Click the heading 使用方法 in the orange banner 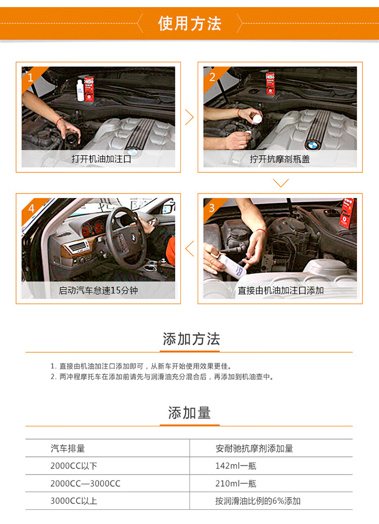(x=189, y=24)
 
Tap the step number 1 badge (x=30, y=78)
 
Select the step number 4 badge (x=31, y=209)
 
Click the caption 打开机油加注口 (x=101, y=159)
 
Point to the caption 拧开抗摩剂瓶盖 (x=280, y=159)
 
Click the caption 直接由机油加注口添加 (x=280, y=291)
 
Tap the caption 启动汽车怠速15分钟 (x=98, y=291)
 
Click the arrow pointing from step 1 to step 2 (x=190, y=117)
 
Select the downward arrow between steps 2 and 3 (x=280, y=183)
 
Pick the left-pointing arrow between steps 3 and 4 (x=189, y=249)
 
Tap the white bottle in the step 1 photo (x=80, y=90)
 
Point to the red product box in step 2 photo (x=270, y=83)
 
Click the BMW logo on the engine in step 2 (x=313, y=146)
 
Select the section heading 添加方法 (x=191, y=339)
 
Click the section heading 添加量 (x=189, y=413)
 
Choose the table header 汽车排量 (x=68, y=448)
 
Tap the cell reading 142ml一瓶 (x=235, y=465)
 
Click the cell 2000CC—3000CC (x=85, y=483)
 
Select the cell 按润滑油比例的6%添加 (x=258, y=501)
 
